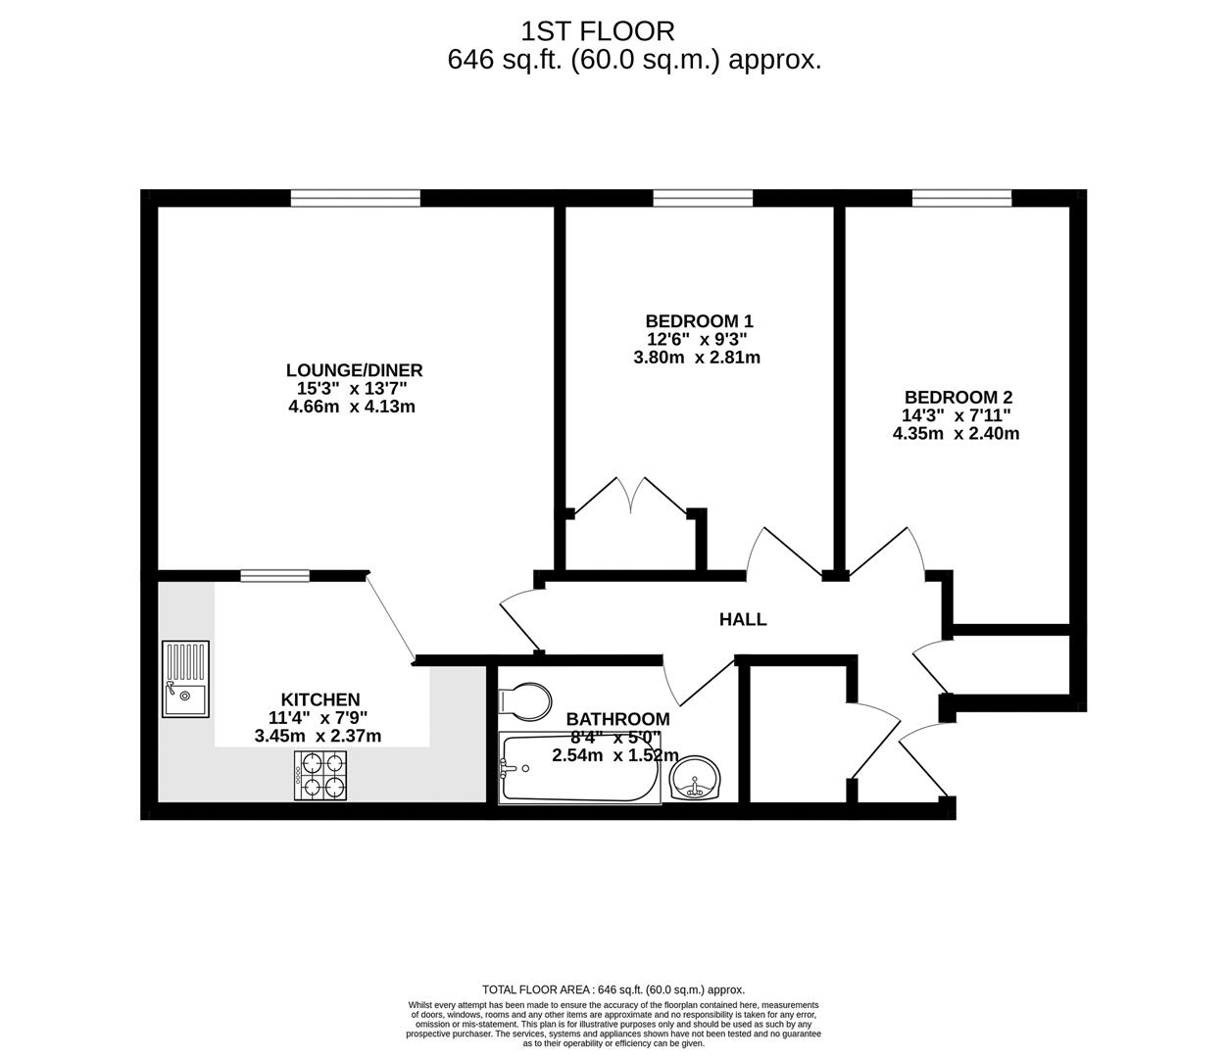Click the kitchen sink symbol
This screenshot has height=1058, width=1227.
click(185, 679)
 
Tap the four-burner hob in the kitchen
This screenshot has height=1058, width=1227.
click(319, 774)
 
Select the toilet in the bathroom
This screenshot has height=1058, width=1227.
click(524, 700)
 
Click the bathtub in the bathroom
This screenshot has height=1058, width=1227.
click(579, 768)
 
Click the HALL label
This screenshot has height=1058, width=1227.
click(743, 619)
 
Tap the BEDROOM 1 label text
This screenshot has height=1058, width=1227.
click(699, 320)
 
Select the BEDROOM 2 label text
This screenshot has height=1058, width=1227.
click(957, 397)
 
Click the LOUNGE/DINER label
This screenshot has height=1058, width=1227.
click(354, 370)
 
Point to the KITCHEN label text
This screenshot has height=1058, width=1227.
click(320, 699)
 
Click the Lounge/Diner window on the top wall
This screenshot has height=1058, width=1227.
click(355, 199)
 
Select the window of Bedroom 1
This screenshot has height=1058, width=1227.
click(703, 199)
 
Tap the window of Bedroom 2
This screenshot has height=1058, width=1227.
click(961, 199)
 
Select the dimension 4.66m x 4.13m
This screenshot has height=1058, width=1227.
click(352, 407)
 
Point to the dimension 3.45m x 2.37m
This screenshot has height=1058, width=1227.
click(318, 736)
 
